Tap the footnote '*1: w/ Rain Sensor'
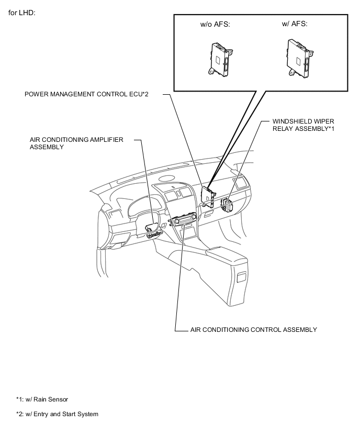[x=42, y=399]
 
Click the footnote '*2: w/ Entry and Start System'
[x=57, y=414]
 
